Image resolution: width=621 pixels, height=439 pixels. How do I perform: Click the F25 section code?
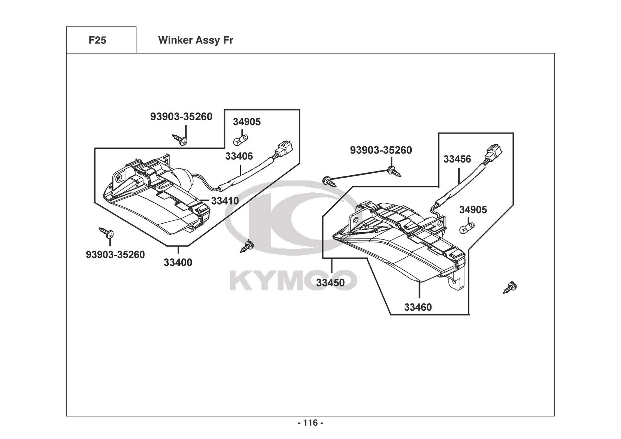[97, 40]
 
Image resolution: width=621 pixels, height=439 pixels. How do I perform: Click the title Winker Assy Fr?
[196, 40]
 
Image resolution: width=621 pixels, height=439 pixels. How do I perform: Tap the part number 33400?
[178, 262]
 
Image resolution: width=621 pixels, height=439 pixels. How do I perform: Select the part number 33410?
[225, 201]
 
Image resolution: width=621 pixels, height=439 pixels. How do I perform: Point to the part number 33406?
[239, 157]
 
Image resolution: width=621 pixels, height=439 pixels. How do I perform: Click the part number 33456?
[457, 159]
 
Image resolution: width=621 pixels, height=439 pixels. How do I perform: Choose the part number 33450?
[330, 282]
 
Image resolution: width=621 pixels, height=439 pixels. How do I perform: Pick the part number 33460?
[418, 307]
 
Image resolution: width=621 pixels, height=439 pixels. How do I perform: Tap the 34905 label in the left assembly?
[247, 122]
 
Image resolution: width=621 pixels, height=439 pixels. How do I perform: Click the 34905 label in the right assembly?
[473, 210]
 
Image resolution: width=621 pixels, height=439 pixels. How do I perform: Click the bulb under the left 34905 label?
[240, 140]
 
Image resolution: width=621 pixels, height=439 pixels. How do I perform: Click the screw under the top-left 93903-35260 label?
[180, 139]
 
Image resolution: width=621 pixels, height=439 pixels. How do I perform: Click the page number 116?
[310, 423]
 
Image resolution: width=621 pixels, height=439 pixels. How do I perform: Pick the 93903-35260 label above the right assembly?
[381, 150]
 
